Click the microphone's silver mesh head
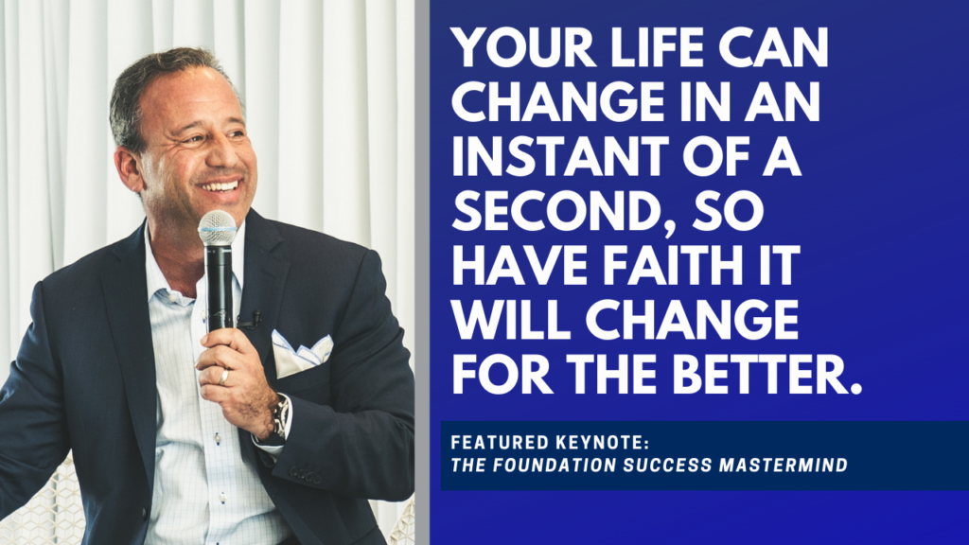coord(217,227)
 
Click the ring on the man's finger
coord(223,377)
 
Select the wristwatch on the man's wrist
coord(279,417)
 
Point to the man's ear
coord(128,171)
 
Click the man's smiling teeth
coord(220,186)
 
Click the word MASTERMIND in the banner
coord(783,465)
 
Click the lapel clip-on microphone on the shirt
coord(250,320)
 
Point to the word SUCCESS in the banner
coord(667,465)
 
